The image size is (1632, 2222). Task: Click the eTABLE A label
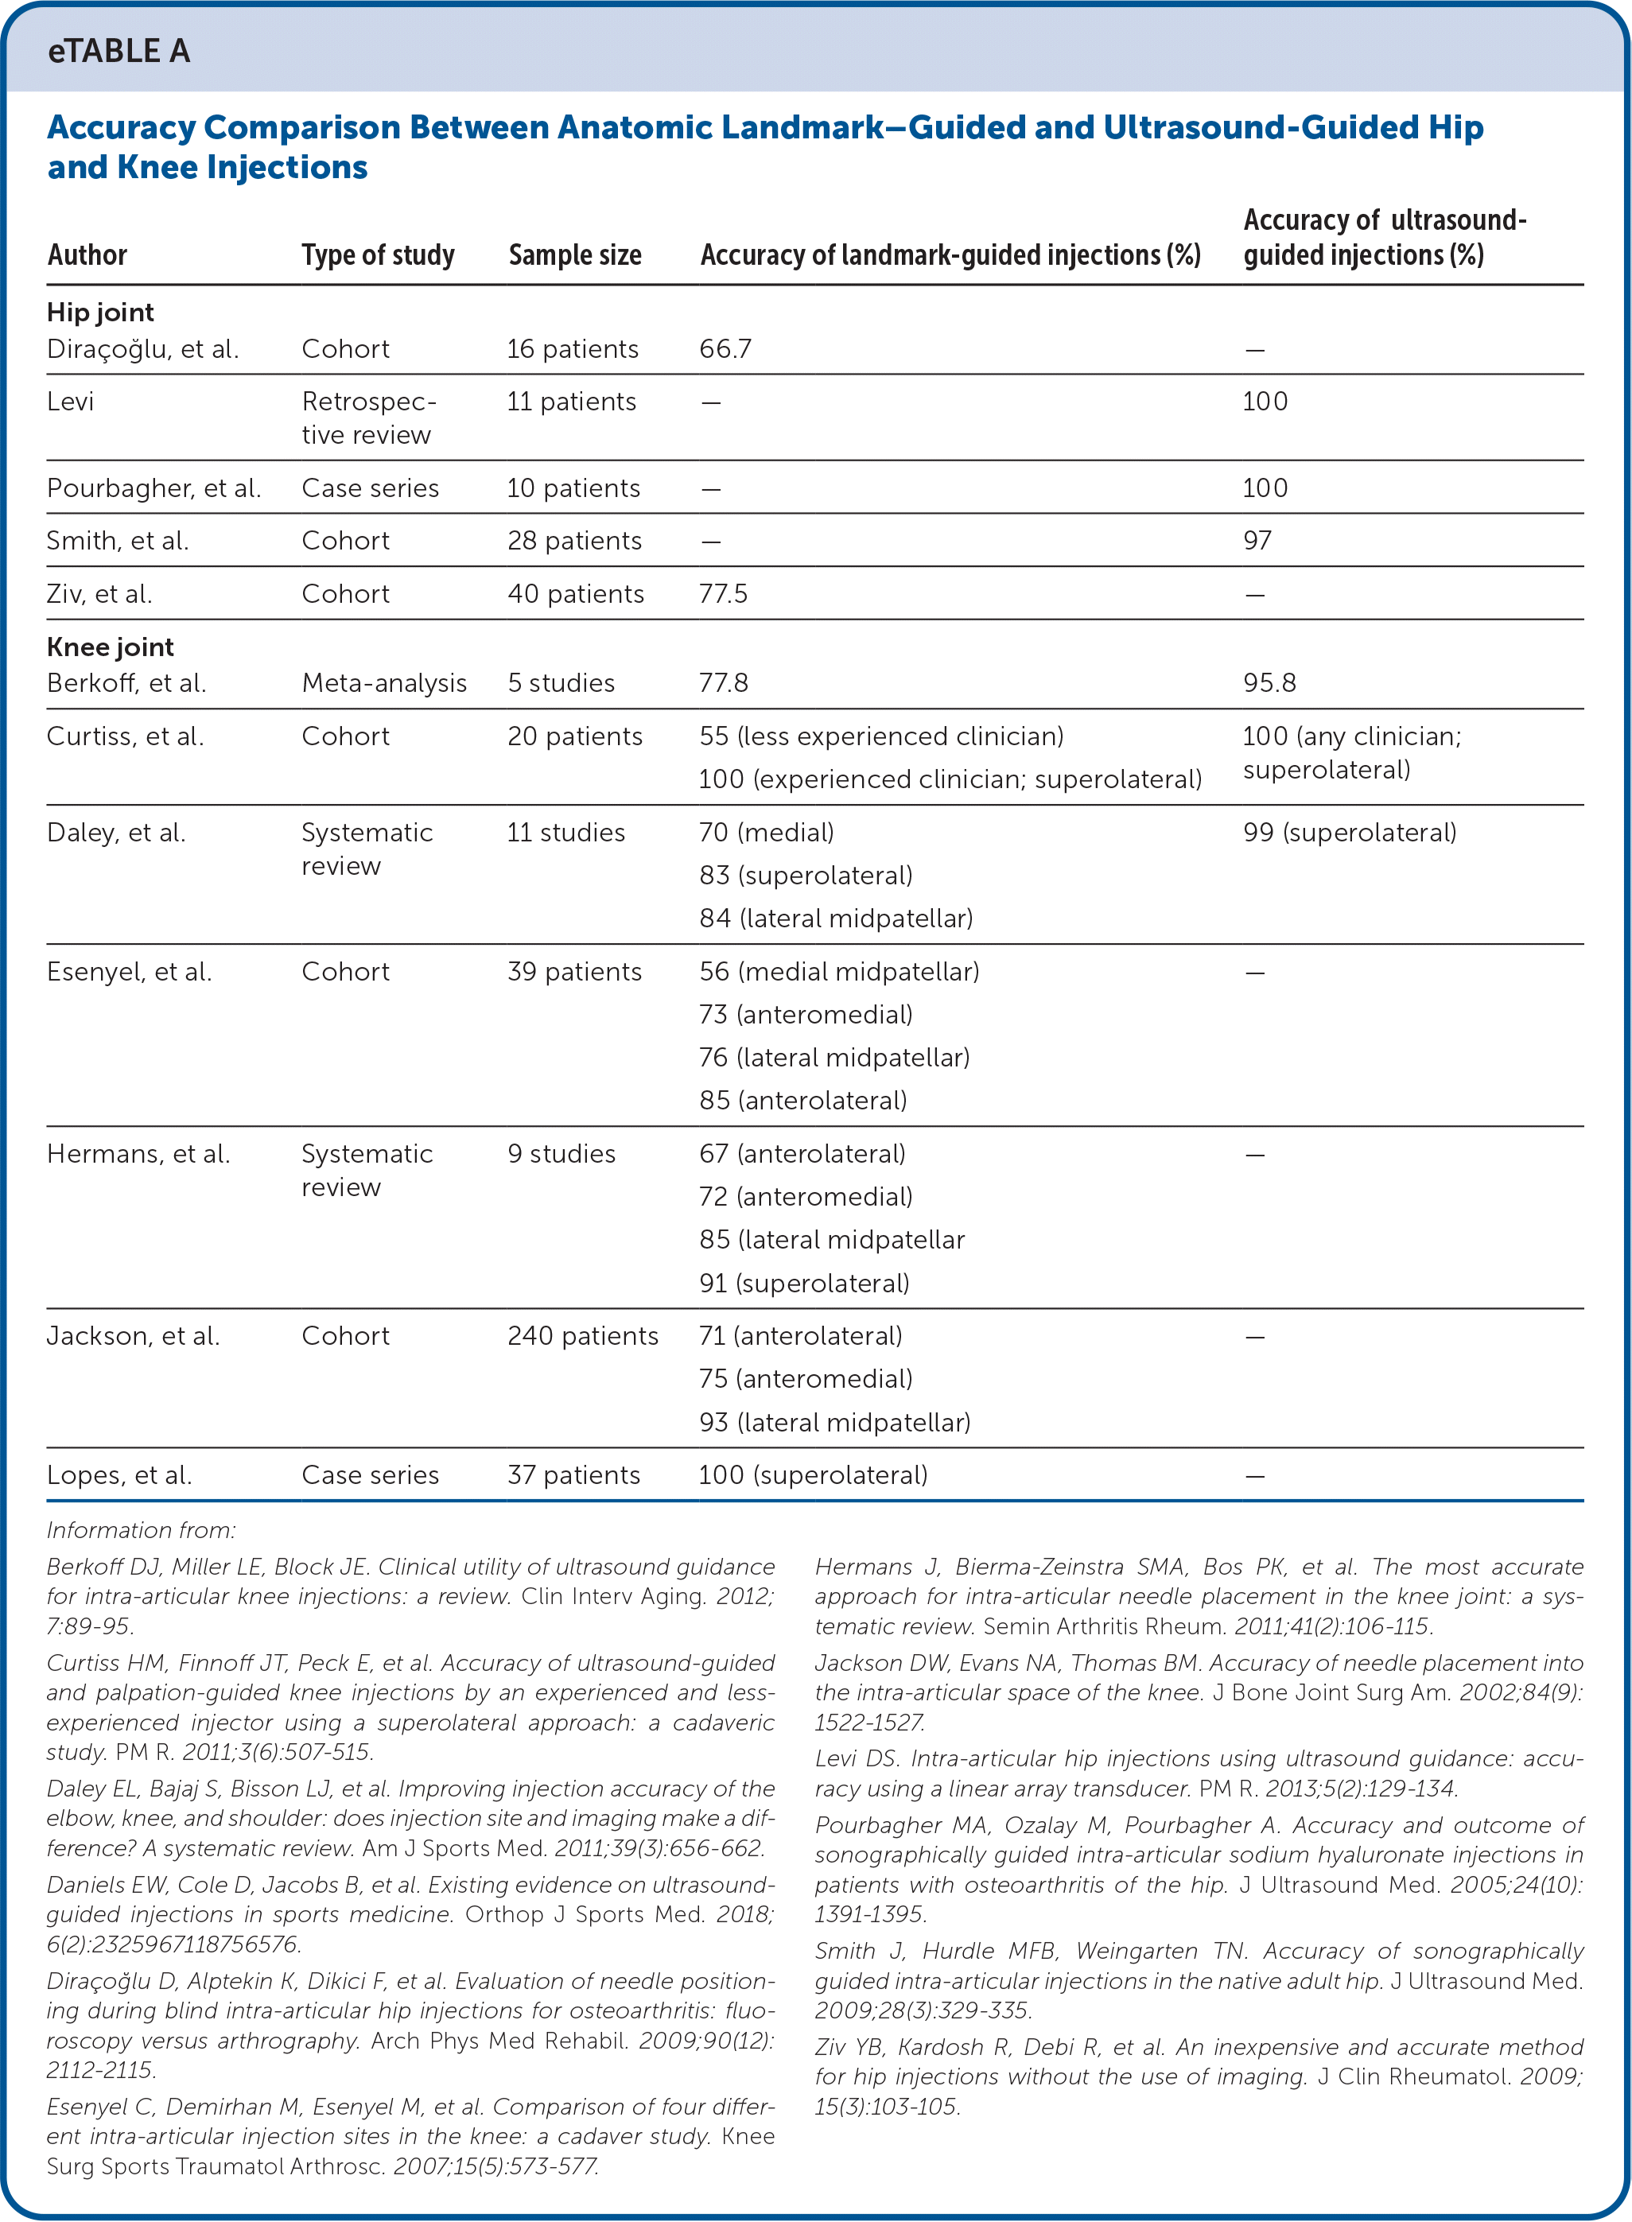(119, 52)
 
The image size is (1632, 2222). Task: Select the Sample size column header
(575, 254)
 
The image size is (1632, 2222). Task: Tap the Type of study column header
(377, 254)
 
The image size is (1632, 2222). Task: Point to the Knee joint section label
(110, 647)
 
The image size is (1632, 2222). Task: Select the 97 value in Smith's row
(1257, 540)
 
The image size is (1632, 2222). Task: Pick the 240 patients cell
(583, 1335)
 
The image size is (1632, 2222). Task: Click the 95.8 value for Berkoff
(1269, 682)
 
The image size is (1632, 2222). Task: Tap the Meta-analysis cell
(384, 682)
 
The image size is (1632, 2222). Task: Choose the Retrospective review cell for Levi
(367, 418)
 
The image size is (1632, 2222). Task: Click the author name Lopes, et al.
(119, 1474)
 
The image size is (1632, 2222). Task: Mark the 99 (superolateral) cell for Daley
(1350, 832)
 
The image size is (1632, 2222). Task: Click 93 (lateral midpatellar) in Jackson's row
(835, 1422)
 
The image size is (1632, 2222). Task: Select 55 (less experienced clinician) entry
(881, 736)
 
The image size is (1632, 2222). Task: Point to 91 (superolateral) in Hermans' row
(804, 1283)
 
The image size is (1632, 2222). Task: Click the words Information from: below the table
(142, 1530)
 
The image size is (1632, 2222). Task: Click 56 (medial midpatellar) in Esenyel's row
(839, 971)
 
